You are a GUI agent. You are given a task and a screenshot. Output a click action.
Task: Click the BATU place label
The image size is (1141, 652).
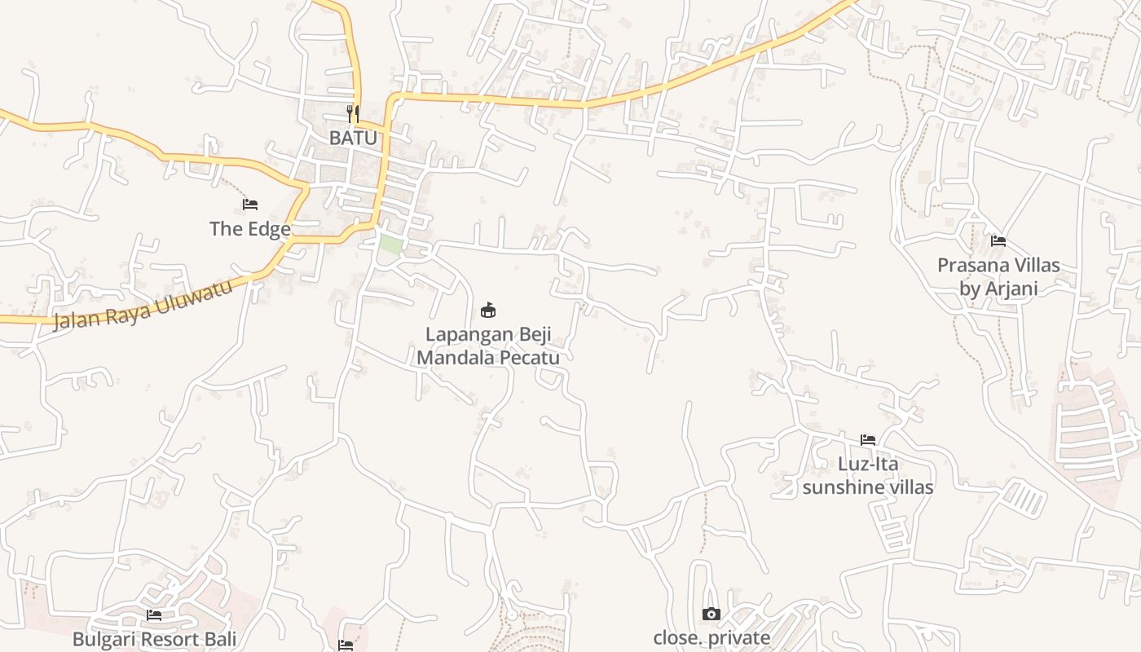[353, 138]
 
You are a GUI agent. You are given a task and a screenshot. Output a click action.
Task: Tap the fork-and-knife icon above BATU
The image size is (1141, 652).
[353, 113]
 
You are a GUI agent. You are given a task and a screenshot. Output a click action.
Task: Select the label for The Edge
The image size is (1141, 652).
[249, 229]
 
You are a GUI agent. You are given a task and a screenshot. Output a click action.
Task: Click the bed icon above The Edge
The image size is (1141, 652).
[250, 204]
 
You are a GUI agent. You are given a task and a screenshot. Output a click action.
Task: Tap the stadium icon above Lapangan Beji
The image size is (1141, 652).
[488, 310]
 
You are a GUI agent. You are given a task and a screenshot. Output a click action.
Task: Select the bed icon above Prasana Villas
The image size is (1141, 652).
[998, 240]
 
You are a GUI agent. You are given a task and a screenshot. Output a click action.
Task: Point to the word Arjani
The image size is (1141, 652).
[1011, 288]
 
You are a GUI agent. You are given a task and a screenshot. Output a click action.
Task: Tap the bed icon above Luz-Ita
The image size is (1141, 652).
[868, 440]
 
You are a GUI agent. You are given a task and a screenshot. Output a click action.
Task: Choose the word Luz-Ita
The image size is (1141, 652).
[868, 465]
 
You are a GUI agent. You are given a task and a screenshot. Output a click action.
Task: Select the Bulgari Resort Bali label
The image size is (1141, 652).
[154, 639]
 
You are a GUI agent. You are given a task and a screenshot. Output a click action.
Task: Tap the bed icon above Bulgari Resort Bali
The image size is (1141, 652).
[154, 615]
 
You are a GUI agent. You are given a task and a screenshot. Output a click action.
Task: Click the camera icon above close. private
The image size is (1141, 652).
[711, 614]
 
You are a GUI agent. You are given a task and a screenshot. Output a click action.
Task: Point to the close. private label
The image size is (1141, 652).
[711, 638]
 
